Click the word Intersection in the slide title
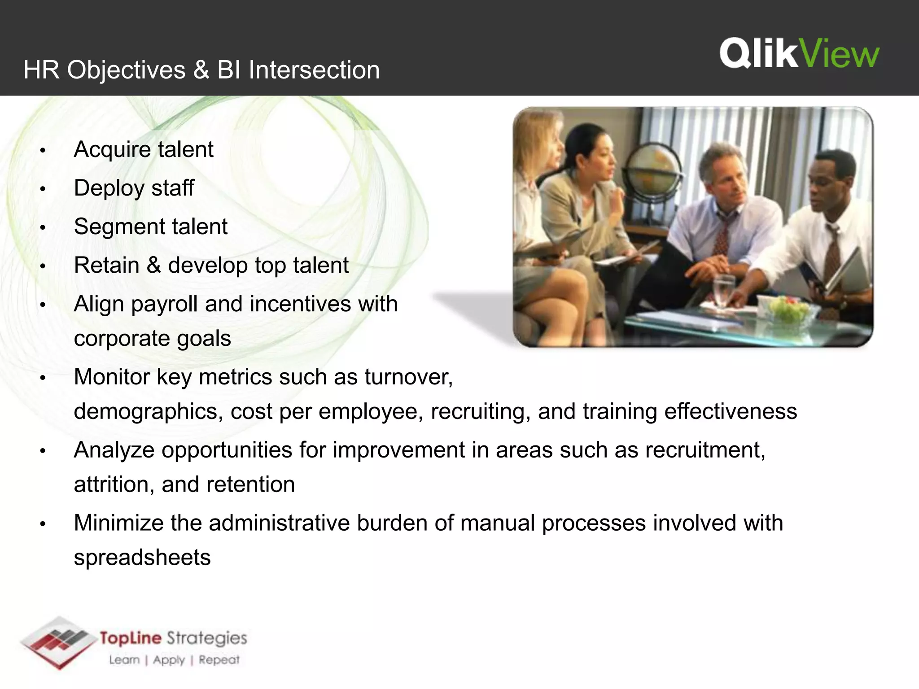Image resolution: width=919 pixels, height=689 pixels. coord(314,70)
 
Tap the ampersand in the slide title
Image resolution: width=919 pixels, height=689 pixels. coord(201,70)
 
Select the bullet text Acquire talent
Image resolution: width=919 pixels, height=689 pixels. coord(143,149)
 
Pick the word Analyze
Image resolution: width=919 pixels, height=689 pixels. coord(114,450)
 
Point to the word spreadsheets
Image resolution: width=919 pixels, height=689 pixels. coord(142,558)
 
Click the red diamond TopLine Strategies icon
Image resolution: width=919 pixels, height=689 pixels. coord(58,642)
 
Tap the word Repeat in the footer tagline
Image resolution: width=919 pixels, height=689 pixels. coord(219,660)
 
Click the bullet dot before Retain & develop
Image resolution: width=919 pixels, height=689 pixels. coord(43,266)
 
